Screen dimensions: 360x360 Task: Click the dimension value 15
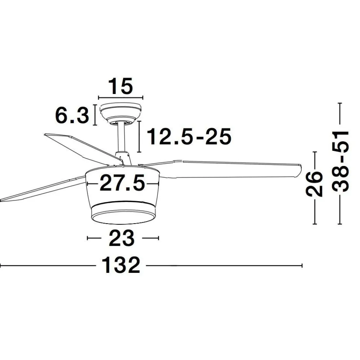point(120,86)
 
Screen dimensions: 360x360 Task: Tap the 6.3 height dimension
point(72,115)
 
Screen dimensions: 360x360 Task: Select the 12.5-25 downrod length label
point(189,136)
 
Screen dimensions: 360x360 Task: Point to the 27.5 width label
point(123,183)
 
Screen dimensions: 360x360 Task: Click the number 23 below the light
point(121,238)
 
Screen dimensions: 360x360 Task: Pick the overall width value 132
point(121,265)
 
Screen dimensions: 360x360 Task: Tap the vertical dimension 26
point(314,184)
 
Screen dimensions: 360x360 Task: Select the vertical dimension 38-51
point(340,162)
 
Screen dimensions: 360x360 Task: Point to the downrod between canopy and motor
point(121,138)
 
